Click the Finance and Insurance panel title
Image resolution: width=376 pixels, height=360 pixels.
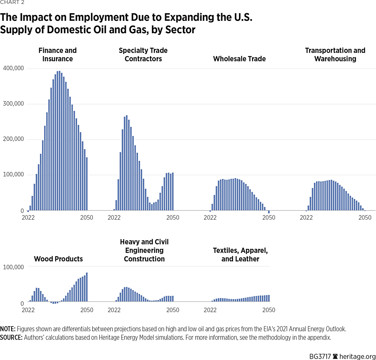(58, 54)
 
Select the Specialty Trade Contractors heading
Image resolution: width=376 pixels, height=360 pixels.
(143, 54)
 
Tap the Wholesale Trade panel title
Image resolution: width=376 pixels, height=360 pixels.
(239, 59)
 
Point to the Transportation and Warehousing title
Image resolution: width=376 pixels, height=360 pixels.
(335, 54)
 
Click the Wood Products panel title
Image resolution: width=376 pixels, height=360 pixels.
(58, 259)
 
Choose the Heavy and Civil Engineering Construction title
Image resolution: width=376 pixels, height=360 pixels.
(144, 250)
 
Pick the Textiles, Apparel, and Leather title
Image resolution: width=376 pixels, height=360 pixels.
(240, 254)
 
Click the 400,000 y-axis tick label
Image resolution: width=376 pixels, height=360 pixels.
(13, 69)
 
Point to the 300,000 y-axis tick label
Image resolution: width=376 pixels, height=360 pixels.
(13, 104)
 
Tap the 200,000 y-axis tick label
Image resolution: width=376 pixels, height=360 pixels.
(13, 140)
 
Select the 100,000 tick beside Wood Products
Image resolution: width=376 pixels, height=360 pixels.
(13, 267)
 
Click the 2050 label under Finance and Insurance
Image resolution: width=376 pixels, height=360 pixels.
(87, 217)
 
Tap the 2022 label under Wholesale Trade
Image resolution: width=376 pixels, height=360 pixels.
(210, 217)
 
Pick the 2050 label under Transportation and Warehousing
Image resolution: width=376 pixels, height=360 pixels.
(365, 217)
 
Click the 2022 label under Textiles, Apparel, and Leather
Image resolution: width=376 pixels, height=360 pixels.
(210, 310)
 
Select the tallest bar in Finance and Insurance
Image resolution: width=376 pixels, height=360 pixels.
(59, 140)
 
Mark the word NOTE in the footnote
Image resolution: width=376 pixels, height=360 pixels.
(8, 329)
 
